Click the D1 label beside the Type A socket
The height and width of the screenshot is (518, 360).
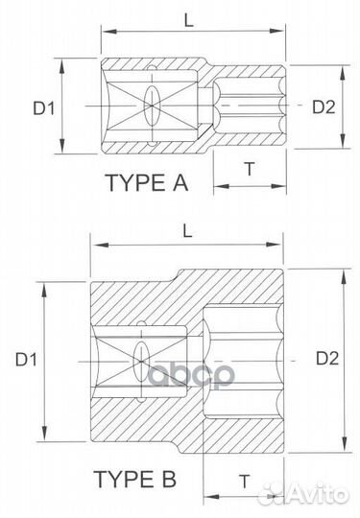43,108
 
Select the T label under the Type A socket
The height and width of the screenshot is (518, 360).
250,168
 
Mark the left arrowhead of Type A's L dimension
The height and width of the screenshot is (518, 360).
107,33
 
